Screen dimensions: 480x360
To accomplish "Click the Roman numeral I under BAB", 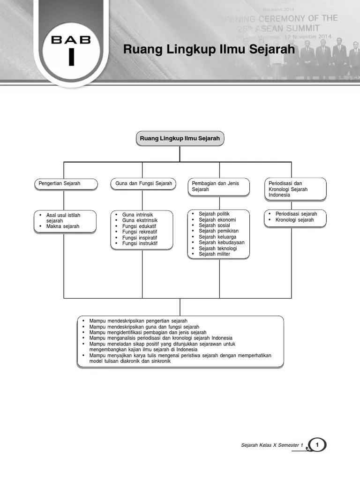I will (71, 57).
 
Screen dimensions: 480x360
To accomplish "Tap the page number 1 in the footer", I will (317, 445).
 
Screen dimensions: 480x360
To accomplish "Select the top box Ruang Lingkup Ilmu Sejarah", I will (180, 139).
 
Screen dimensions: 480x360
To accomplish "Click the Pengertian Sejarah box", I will (66, 184).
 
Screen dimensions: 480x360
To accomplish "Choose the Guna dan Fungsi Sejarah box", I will (143, 184).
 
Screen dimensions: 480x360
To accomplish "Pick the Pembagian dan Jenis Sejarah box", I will (219, 186).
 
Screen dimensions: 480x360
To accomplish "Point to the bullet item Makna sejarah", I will (63, 226).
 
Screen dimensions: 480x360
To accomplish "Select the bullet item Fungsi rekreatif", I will (140, 232).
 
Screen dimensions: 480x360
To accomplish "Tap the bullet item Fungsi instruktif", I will (140, 243).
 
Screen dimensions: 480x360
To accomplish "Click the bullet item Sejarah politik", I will (214, 214).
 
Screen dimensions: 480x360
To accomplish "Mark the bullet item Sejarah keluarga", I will (217, 237).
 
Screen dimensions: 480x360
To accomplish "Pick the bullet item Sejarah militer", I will (214, 254).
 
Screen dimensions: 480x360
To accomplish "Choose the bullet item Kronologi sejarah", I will (294, 220).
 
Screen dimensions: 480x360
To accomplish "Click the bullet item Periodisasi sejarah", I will (296, 214).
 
